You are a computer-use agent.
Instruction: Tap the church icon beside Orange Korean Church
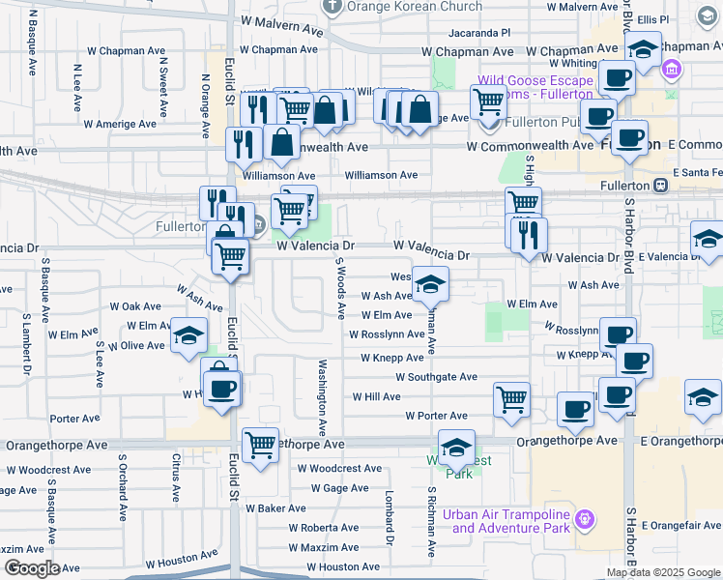point(333,7)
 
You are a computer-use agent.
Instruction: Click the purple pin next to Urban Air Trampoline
point(584,520)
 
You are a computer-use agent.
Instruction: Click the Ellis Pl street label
point(674,19)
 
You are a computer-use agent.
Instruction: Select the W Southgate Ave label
point(429,377)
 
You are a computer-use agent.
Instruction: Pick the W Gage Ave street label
point(333,488)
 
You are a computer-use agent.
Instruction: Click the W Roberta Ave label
point(331,528)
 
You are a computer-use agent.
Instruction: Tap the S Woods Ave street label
point(340,287)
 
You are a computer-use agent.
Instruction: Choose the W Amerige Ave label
point(120,124)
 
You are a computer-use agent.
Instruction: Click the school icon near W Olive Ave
point(188,336)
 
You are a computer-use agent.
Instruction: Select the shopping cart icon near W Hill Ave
point(511,398)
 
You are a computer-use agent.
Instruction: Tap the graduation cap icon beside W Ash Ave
point(430,284)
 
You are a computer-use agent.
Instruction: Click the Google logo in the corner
point(31,568)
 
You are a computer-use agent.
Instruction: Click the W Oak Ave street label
point(134,306)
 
